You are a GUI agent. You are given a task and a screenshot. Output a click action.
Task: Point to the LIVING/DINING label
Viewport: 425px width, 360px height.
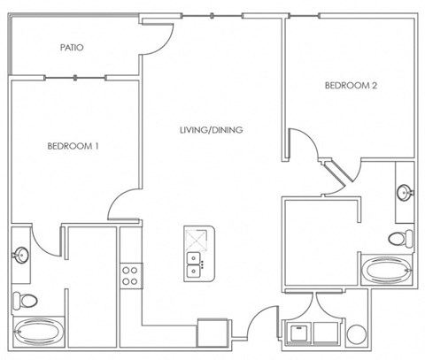(212, 130)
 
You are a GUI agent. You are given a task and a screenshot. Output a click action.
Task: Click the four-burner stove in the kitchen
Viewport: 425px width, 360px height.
(130, 274)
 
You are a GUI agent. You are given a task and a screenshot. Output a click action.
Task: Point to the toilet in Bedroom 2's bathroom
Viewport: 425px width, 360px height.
(401, 238)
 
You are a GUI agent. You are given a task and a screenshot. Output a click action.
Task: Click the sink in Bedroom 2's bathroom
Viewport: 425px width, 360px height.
(405, 191)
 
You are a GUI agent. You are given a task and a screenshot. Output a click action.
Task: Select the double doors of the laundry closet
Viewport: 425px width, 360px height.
(313, 305)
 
